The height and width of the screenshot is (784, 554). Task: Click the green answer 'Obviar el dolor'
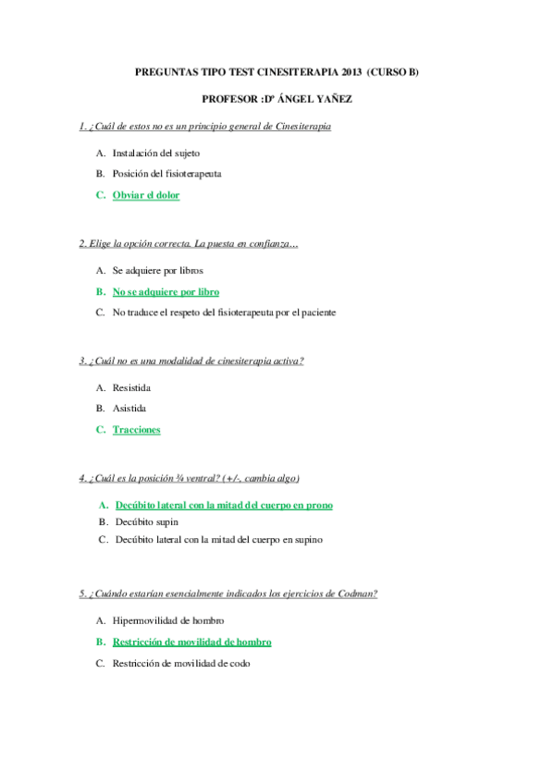146,195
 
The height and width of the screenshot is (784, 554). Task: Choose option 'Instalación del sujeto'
155,153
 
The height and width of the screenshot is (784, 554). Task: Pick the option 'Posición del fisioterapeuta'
166,173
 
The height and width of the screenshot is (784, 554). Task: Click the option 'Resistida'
131,387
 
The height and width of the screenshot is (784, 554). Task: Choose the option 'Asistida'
129,408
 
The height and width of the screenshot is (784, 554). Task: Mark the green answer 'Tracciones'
136,429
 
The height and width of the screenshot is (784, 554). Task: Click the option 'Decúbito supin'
147,522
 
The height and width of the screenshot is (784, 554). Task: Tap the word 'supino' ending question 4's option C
307,540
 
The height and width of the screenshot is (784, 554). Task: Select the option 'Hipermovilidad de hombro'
168,620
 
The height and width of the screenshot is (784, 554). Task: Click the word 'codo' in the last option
240,663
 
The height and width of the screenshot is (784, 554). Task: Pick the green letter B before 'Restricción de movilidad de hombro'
99,642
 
